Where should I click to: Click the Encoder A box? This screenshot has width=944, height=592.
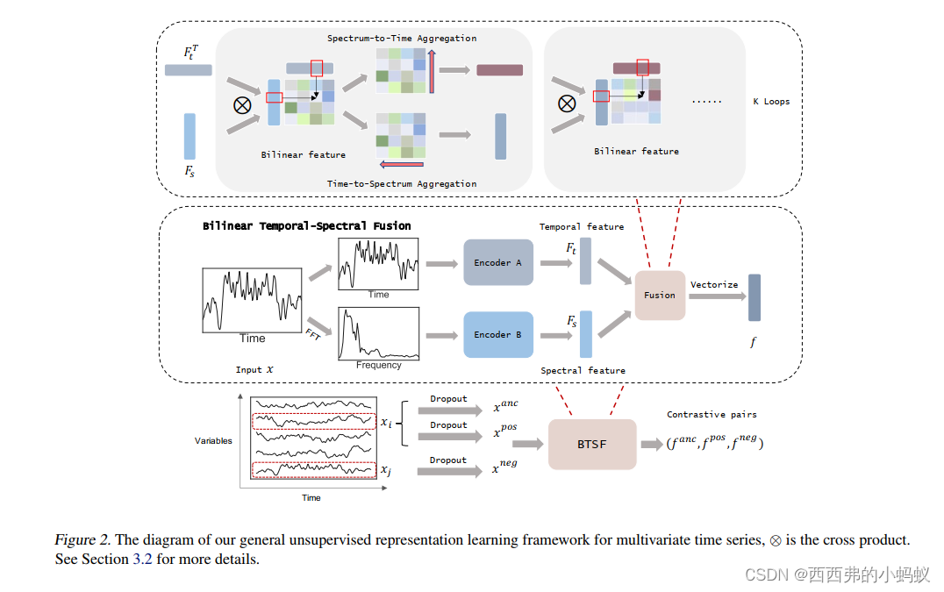(498, 262)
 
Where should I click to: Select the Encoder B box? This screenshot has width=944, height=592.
(498, 334)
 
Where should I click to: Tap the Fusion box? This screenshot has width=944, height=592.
(660, 296)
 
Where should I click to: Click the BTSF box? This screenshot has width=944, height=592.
(591, 445)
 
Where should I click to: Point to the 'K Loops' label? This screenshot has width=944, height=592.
(771, 102)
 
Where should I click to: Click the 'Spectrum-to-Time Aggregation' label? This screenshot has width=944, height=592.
(402, 39)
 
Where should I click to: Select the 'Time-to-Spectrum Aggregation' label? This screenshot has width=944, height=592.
(402, 184)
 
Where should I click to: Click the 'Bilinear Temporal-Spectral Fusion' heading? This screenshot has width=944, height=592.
(307, 226)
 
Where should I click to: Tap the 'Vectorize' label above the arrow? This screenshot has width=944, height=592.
(713, 285)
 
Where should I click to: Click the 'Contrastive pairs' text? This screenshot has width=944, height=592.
(712, 415)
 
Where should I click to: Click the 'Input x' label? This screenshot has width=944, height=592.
(254, 370)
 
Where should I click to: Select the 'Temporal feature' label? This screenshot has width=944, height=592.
(582, 227)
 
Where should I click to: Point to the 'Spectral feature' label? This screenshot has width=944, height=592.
(583, 371)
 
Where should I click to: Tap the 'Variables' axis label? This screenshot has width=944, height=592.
(213, 441)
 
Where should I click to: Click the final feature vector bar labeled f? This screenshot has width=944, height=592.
(754, 297)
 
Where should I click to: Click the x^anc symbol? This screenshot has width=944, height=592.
(505, 406)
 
